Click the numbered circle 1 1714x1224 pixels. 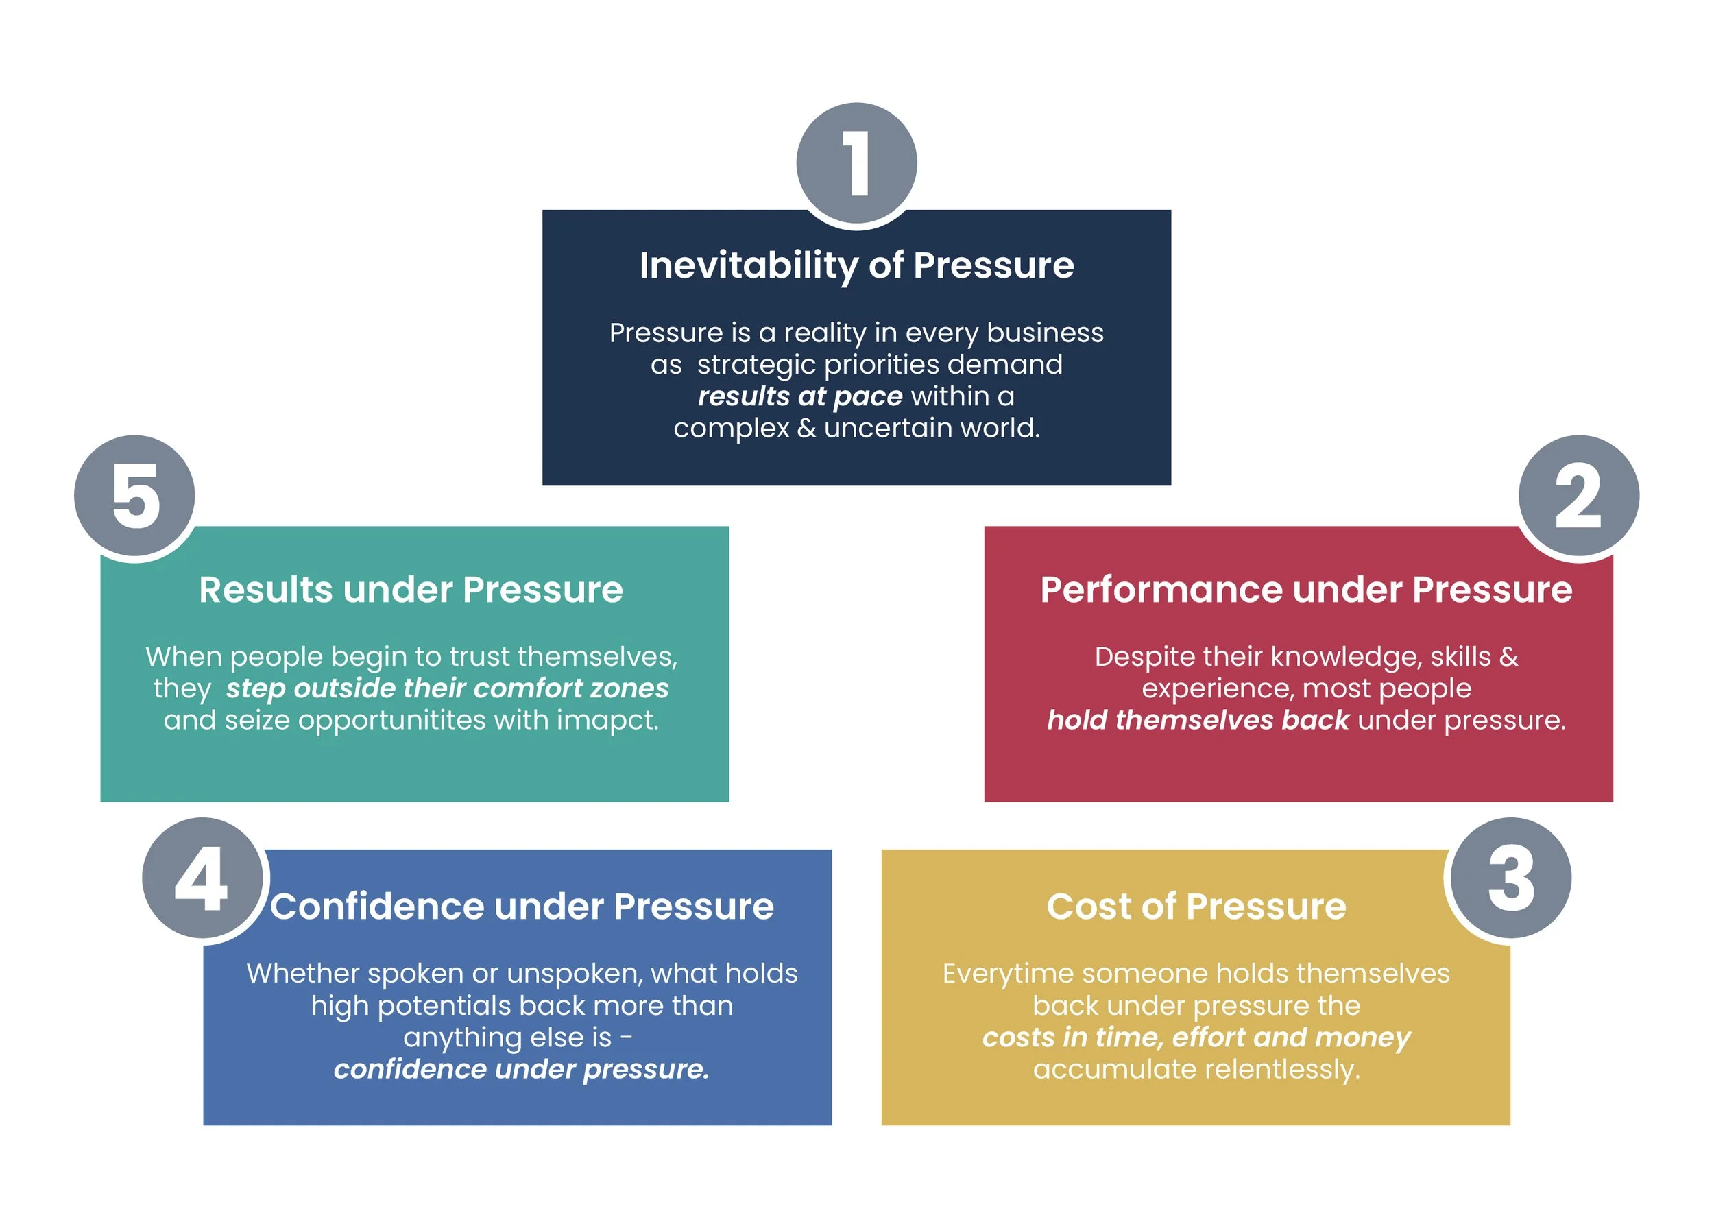tap(856, 163)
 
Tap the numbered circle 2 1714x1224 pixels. tap(1578, 495)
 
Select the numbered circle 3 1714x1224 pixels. tap(1510, 877)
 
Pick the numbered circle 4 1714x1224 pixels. tap(202, 877)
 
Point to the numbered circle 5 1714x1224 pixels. tap(135, 495)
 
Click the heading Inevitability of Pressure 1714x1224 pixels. tap(856, 265)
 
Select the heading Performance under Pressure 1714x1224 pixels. tap(1305, 590)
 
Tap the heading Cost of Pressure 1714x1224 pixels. tap(1196, 906)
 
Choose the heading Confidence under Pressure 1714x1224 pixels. tap(521, 906)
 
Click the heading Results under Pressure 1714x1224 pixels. tap(411, 590)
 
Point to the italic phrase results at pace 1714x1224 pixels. tap(799, 396)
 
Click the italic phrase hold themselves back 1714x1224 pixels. tap(1197, 720)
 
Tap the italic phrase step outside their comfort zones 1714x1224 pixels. tap(447, 688)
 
